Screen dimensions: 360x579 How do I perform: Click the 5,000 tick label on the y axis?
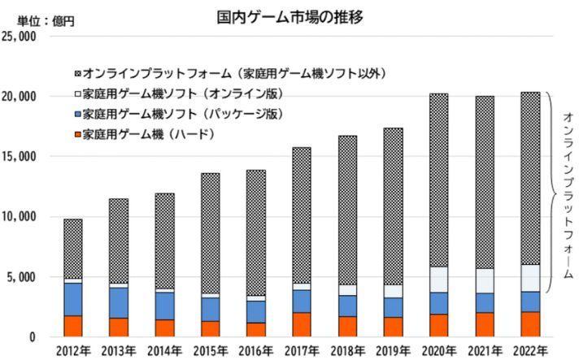pos(24,277)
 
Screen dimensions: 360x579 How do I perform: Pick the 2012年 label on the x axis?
pos(73,350)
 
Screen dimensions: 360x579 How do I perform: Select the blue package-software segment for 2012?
pos(73,299)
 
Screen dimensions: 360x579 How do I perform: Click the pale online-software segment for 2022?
pos(529,278)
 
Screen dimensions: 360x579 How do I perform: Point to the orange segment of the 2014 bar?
pos(164,328)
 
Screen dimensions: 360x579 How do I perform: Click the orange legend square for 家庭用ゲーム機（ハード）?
pos(76,134)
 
